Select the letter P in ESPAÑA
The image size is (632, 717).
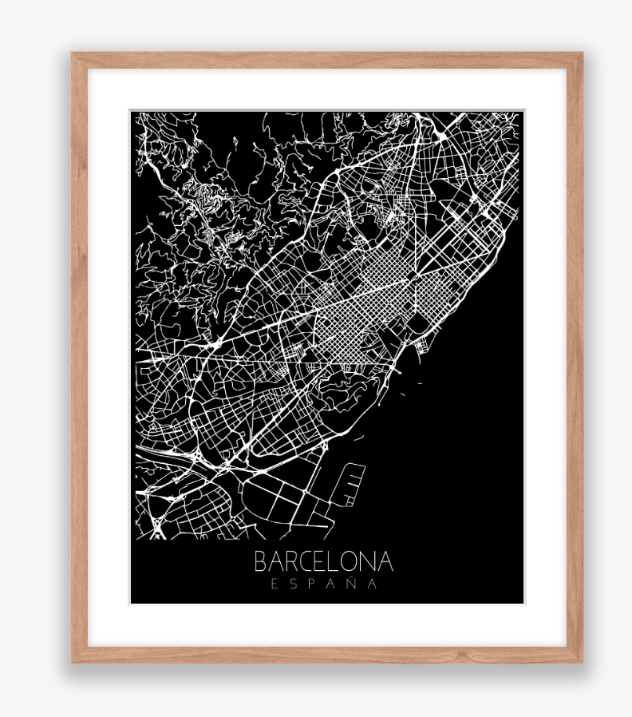click(312, 584)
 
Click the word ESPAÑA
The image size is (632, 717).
click(323, 584)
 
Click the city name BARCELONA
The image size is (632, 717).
click(323, 561)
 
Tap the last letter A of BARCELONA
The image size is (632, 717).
click(386, 561)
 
